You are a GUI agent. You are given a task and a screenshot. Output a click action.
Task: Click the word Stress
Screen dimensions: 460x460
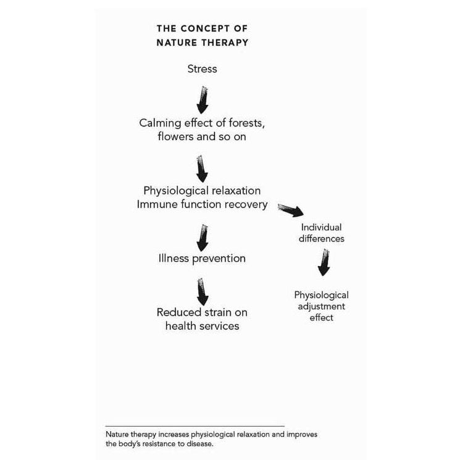(202, 69)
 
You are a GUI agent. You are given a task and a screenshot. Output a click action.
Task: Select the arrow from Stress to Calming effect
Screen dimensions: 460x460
(202, 98)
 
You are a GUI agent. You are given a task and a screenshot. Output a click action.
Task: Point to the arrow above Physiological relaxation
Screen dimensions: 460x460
(202, 167)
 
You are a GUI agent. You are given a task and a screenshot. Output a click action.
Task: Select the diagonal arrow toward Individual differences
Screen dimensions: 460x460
(290, 211)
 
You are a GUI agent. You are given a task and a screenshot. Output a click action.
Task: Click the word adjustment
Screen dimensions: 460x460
(321, 306)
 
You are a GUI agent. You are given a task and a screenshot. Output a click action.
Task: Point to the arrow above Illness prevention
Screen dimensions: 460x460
(202, 237)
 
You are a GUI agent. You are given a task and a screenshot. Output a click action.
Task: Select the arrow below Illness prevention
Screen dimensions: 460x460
(202, 291)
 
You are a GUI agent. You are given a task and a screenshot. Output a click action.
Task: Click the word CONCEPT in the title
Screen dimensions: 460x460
(201, 28)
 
